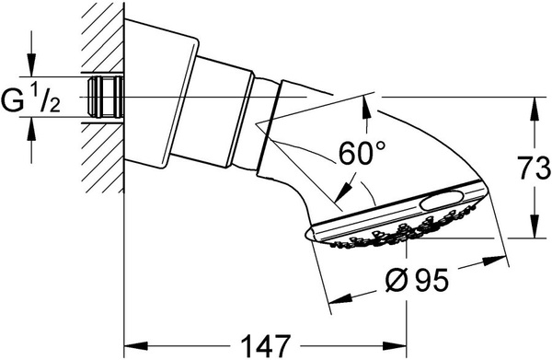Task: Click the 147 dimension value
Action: click(266, 346)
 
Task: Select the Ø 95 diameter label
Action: click(418, 281)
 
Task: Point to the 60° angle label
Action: click(362, 153)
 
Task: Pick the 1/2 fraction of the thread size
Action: click(47, 99)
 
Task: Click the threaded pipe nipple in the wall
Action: click(106, 97)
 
